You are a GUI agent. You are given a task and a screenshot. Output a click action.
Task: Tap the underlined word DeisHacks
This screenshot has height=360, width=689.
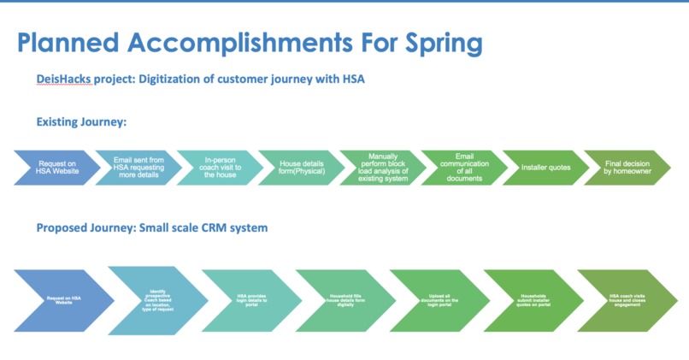tap(63, 80)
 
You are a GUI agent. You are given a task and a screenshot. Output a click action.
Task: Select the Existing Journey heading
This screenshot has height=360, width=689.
tap(81, 122)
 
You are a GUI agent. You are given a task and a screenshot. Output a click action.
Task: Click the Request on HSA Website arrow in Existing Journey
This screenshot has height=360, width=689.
tap(58, 168)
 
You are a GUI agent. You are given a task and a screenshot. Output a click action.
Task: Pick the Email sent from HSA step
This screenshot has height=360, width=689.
tap(137, 168)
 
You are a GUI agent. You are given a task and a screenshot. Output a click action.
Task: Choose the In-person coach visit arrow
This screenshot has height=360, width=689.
tap(221, 168)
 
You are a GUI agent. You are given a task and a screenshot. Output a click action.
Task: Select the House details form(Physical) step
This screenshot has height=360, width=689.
tap(301, 168)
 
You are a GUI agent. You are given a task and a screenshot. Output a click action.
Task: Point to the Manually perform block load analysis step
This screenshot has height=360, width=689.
tap(382, 168)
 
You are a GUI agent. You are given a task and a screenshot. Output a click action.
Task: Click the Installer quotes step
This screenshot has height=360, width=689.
tap(545, 168)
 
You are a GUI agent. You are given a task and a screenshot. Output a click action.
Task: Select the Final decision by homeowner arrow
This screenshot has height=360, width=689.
tap(626, 168)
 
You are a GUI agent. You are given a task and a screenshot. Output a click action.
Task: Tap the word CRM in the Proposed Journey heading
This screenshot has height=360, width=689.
tap(221, 228)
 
